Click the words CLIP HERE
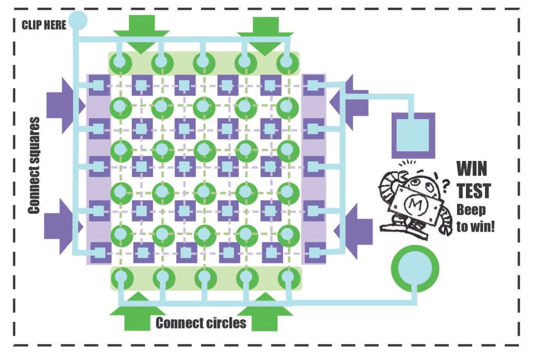[44, 25]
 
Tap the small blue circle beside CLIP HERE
[78, 20]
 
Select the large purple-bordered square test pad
[413, 135]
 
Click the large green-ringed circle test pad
[415, 268]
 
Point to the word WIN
[472, 168]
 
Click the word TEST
[474, 191]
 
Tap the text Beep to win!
[475, 218]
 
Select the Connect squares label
[34, 166]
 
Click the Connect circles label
[201, 323]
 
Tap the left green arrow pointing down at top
[142, 34]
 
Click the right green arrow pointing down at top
[265, 36]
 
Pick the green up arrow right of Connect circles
[265, 312]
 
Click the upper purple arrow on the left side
[65, 106]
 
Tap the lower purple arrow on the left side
[64, 227]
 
